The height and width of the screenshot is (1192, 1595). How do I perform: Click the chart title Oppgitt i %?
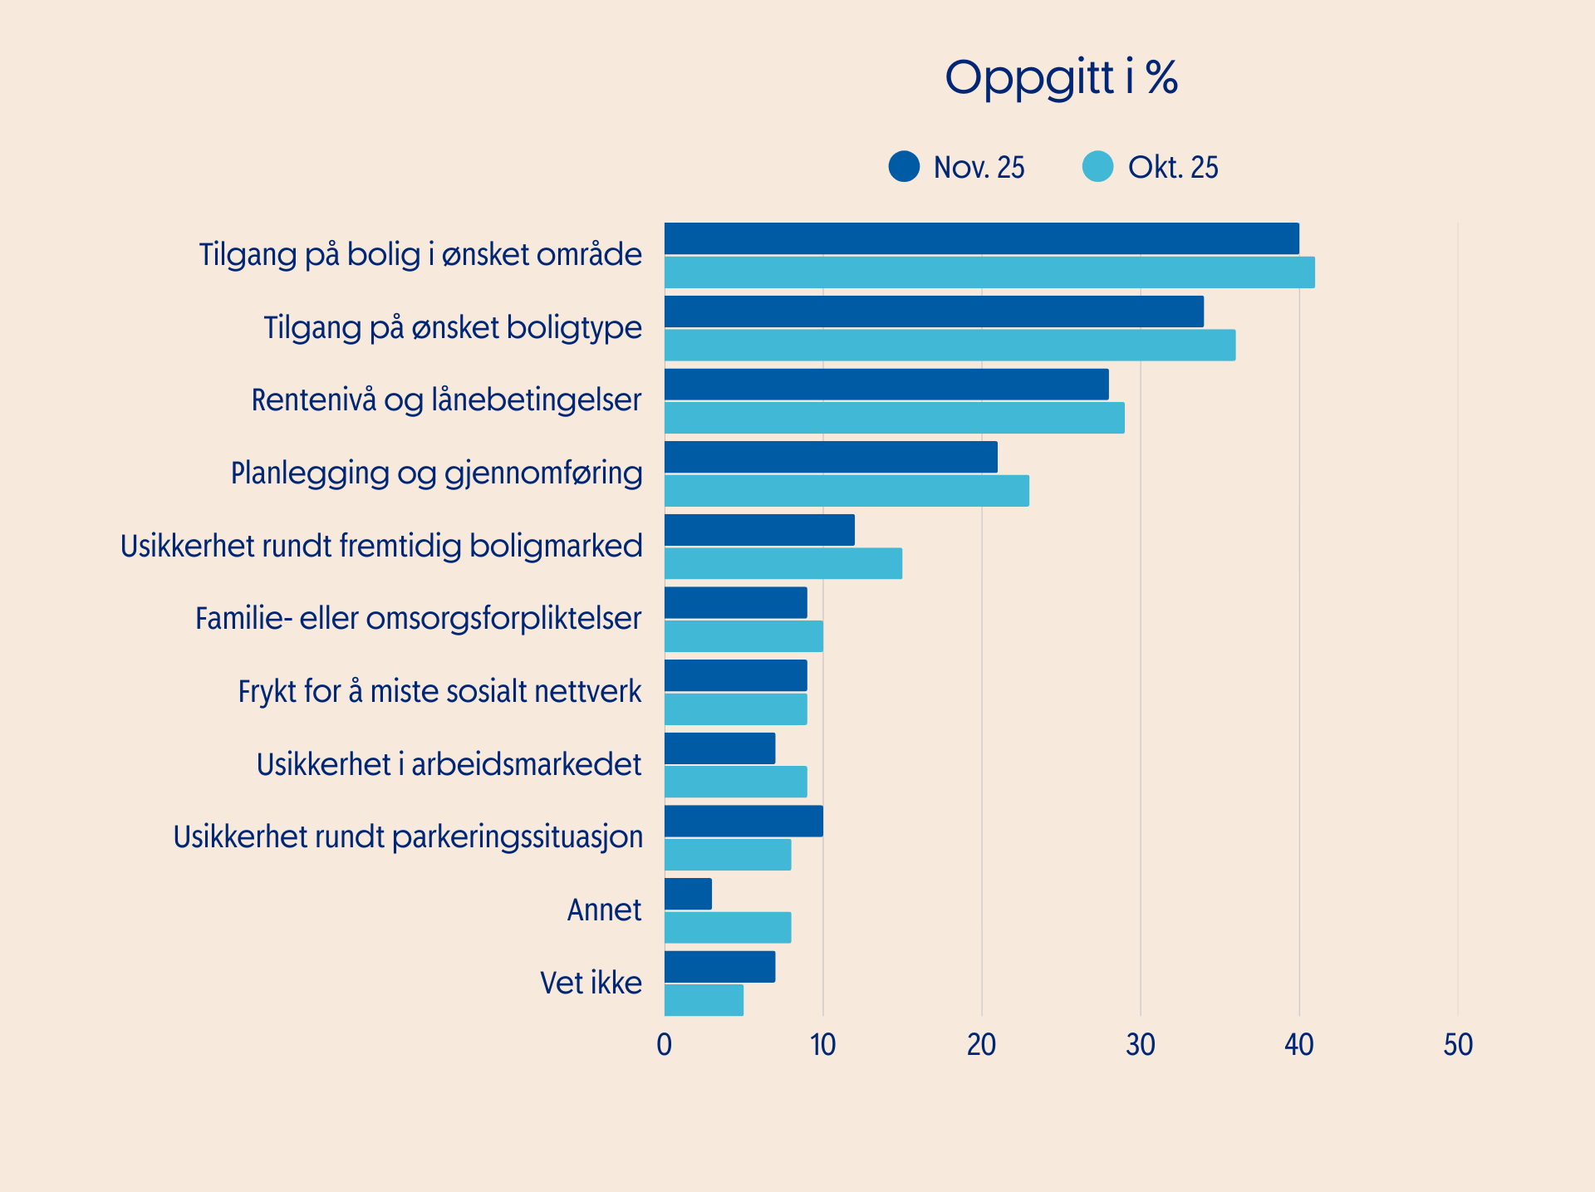tap(1061, 78)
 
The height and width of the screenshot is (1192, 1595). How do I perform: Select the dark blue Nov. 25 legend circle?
tap(904, 166)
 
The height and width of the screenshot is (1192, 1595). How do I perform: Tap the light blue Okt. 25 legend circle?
tap(1097, 166)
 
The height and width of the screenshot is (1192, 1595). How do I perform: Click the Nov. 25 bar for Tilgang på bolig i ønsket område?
tap(981, 238)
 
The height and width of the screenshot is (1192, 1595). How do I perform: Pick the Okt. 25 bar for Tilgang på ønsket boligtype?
tap(950, 345)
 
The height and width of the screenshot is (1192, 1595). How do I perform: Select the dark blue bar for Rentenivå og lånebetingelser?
tap(886, 385)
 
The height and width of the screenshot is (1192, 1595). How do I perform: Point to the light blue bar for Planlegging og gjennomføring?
tap(847, 491)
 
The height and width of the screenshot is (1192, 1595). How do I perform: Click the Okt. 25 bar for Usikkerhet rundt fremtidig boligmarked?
tap(783, 563)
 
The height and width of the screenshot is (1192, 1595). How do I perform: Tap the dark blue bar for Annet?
tap(688, 894)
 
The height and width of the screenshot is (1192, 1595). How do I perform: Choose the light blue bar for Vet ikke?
tap(704, 1000)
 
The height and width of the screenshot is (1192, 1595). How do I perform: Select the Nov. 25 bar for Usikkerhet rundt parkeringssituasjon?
tap(744, 821)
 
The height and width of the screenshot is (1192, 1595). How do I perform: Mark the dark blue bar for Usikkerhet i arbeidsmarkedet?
tap(719, 748)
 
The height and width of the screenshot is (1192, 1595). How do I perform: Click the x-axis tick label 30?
tap(1140, 1045)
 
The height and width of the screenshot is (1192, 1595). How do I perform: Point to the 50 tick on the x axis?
tap(1457, 1045)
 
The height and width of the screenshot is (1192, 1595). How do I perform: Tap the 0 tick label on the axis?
tap(664, 1045)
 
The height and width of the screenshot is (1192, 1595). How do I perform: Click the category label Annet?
tap(604, 910)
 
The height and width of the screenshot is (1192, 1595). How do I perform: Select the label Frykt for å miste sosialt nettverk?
tap(439, 692)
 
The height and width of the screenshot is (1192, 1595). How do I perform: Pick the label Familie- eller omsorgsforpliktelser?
tap(418, 619)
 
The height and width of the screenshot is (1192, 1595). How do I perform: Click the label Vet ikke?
tap(591, 984)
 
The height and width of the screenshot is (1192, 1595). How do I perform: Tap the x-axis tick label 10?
tap(822, 1045)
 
